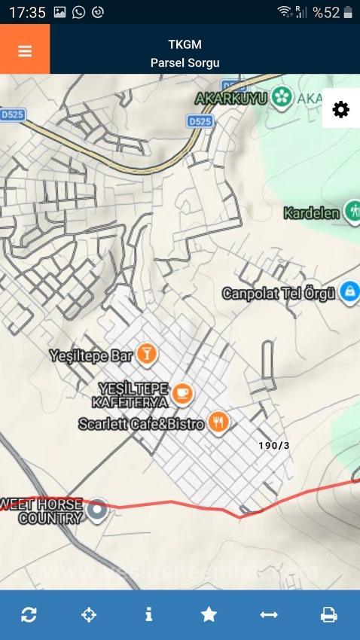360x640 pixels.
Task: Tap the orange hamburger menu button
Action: (25, 50)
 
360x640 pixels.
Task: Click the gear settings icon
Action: (340, 110)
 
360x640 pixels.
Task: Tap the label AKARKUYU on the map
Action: (231, 98)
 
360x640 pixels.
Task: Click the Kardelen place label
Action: (311, 213)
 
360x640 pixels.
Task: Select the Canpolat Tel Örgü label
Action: (278, 293)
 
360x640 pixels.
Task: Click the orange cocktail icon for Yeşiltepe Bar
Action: (148, 353)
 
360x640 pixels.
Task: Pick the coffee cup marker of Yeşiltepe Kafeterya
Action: (182, 393)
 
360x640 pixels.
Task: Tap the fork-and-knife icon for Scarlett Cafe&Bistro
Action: (218, 423)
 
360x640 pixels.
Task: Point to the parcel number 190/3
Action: (273, 446)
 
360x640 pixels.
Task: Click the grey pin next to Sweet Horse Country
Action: (96, 510)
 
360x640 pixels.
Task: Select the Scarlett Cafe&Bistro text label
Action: (142, 424)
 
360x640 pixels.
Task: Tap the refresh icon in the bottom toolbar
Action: (29, 614)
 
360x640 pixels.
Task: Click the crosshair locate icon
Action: (89, 614)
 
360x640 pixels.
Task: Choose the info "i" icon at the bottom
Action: (148, 614)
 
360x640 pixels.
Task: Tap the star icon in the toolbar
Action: (209, 614)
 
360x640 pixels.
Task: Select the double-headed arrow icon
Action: (269, 614)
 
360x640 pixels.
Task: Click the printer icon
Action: (328, 614)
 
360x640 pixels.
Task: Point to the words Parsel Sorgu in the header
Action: (185, 62)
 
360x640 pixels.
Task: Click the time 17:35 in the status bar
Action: (27, 12)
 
